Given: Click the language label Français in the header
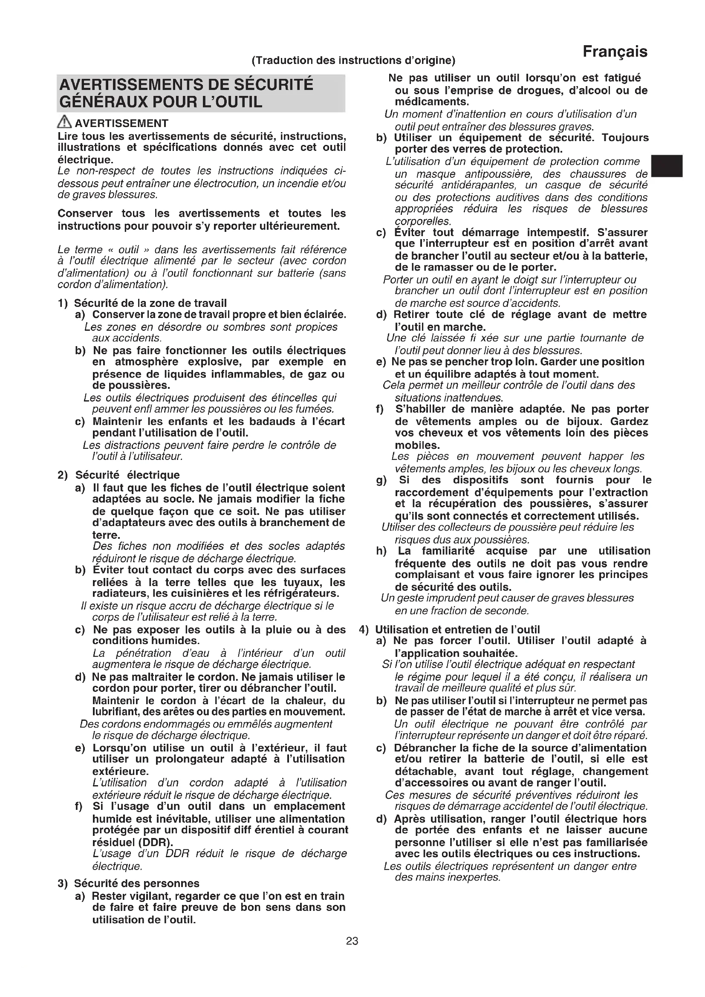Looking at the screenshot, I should point(615,52).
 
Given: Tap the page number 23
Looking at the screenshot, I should point(352,941).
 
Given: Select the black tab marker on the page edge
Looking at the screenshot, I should point(667,165).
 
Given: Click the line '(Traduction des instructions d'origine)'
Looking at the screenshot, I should point(353,61).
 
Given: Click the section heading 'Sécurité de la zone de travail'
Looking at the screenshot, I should point(150,303).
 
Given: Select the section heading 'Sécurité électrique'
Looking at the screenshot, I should point(127,475).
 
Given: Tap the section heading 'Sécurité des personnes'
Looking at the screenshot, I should point(136,884).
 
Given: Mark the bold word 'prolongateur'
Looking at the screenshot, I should point(188,759).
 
